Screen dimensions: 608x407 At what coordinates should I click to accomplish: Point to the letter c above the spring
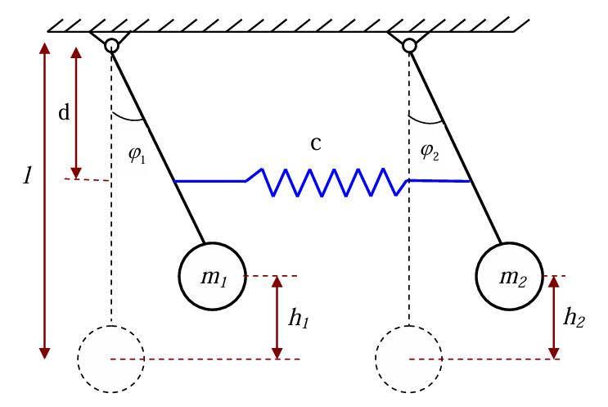316,144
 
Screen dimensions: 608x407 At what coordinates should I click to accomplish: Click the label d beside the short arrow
64,112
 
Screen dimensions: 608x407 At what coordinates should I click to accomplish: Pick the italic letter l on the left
27,175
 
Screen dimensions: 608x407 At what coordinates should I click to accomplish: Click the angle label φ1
137,155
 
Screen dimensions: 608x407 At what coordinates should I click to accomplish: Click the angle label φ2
430,151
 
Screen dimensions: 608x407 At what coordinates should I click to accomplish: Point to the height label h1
299,319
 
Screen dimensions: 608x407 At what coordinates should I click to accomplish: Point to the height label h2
574,318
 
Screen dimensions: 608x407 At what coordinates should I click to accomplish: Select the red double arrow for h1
277,318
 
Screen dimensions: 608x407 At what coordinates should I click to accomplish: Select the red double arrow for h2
554,318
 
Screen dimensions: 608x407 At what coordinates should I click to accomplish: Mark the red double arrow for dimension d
76,113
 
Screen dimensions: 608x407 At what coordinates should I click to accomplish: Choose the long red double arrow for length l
45,201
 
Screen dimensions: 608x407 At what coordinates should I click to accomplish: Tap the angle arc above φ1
128,119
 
